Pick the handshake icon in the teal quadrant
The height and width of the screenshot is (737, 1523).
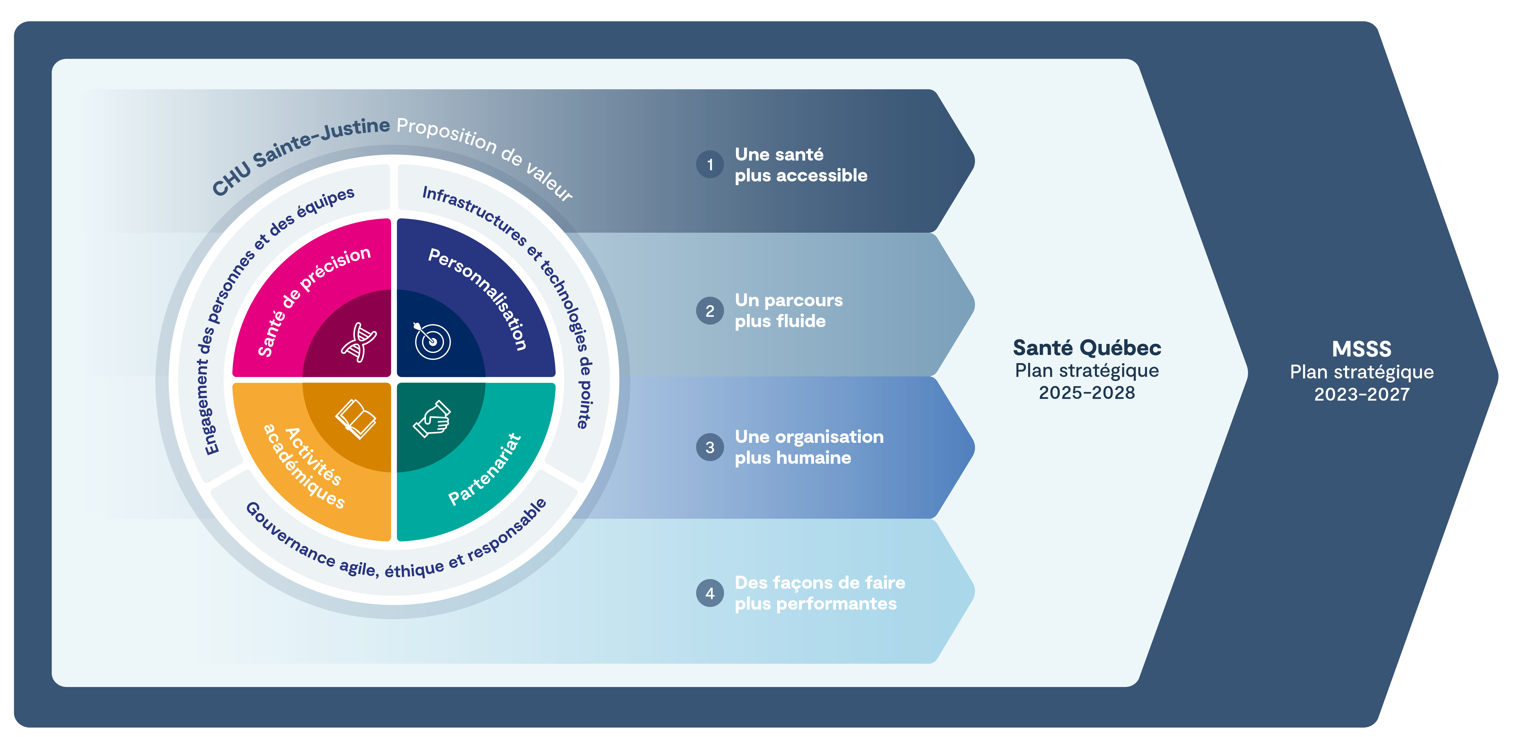tap(432, 418)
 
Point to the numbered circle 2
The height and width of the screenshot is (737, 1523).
tap(709, 311)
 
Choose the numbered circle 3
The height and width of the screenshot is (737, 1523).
tap(709, 447)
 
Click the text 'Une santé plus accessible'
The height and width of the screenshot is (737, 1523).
tap(800, 165)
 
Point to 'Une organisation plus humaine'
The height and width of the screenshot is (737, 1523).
tap(809, 447)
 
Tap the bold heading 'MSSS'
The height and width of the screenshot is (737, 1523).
tap(1361, 349)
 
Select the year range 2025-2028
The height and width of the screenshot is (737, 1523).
tap(1087, 393)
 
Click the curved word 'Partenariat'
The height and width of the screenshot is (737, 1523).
tap(485, 470)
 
